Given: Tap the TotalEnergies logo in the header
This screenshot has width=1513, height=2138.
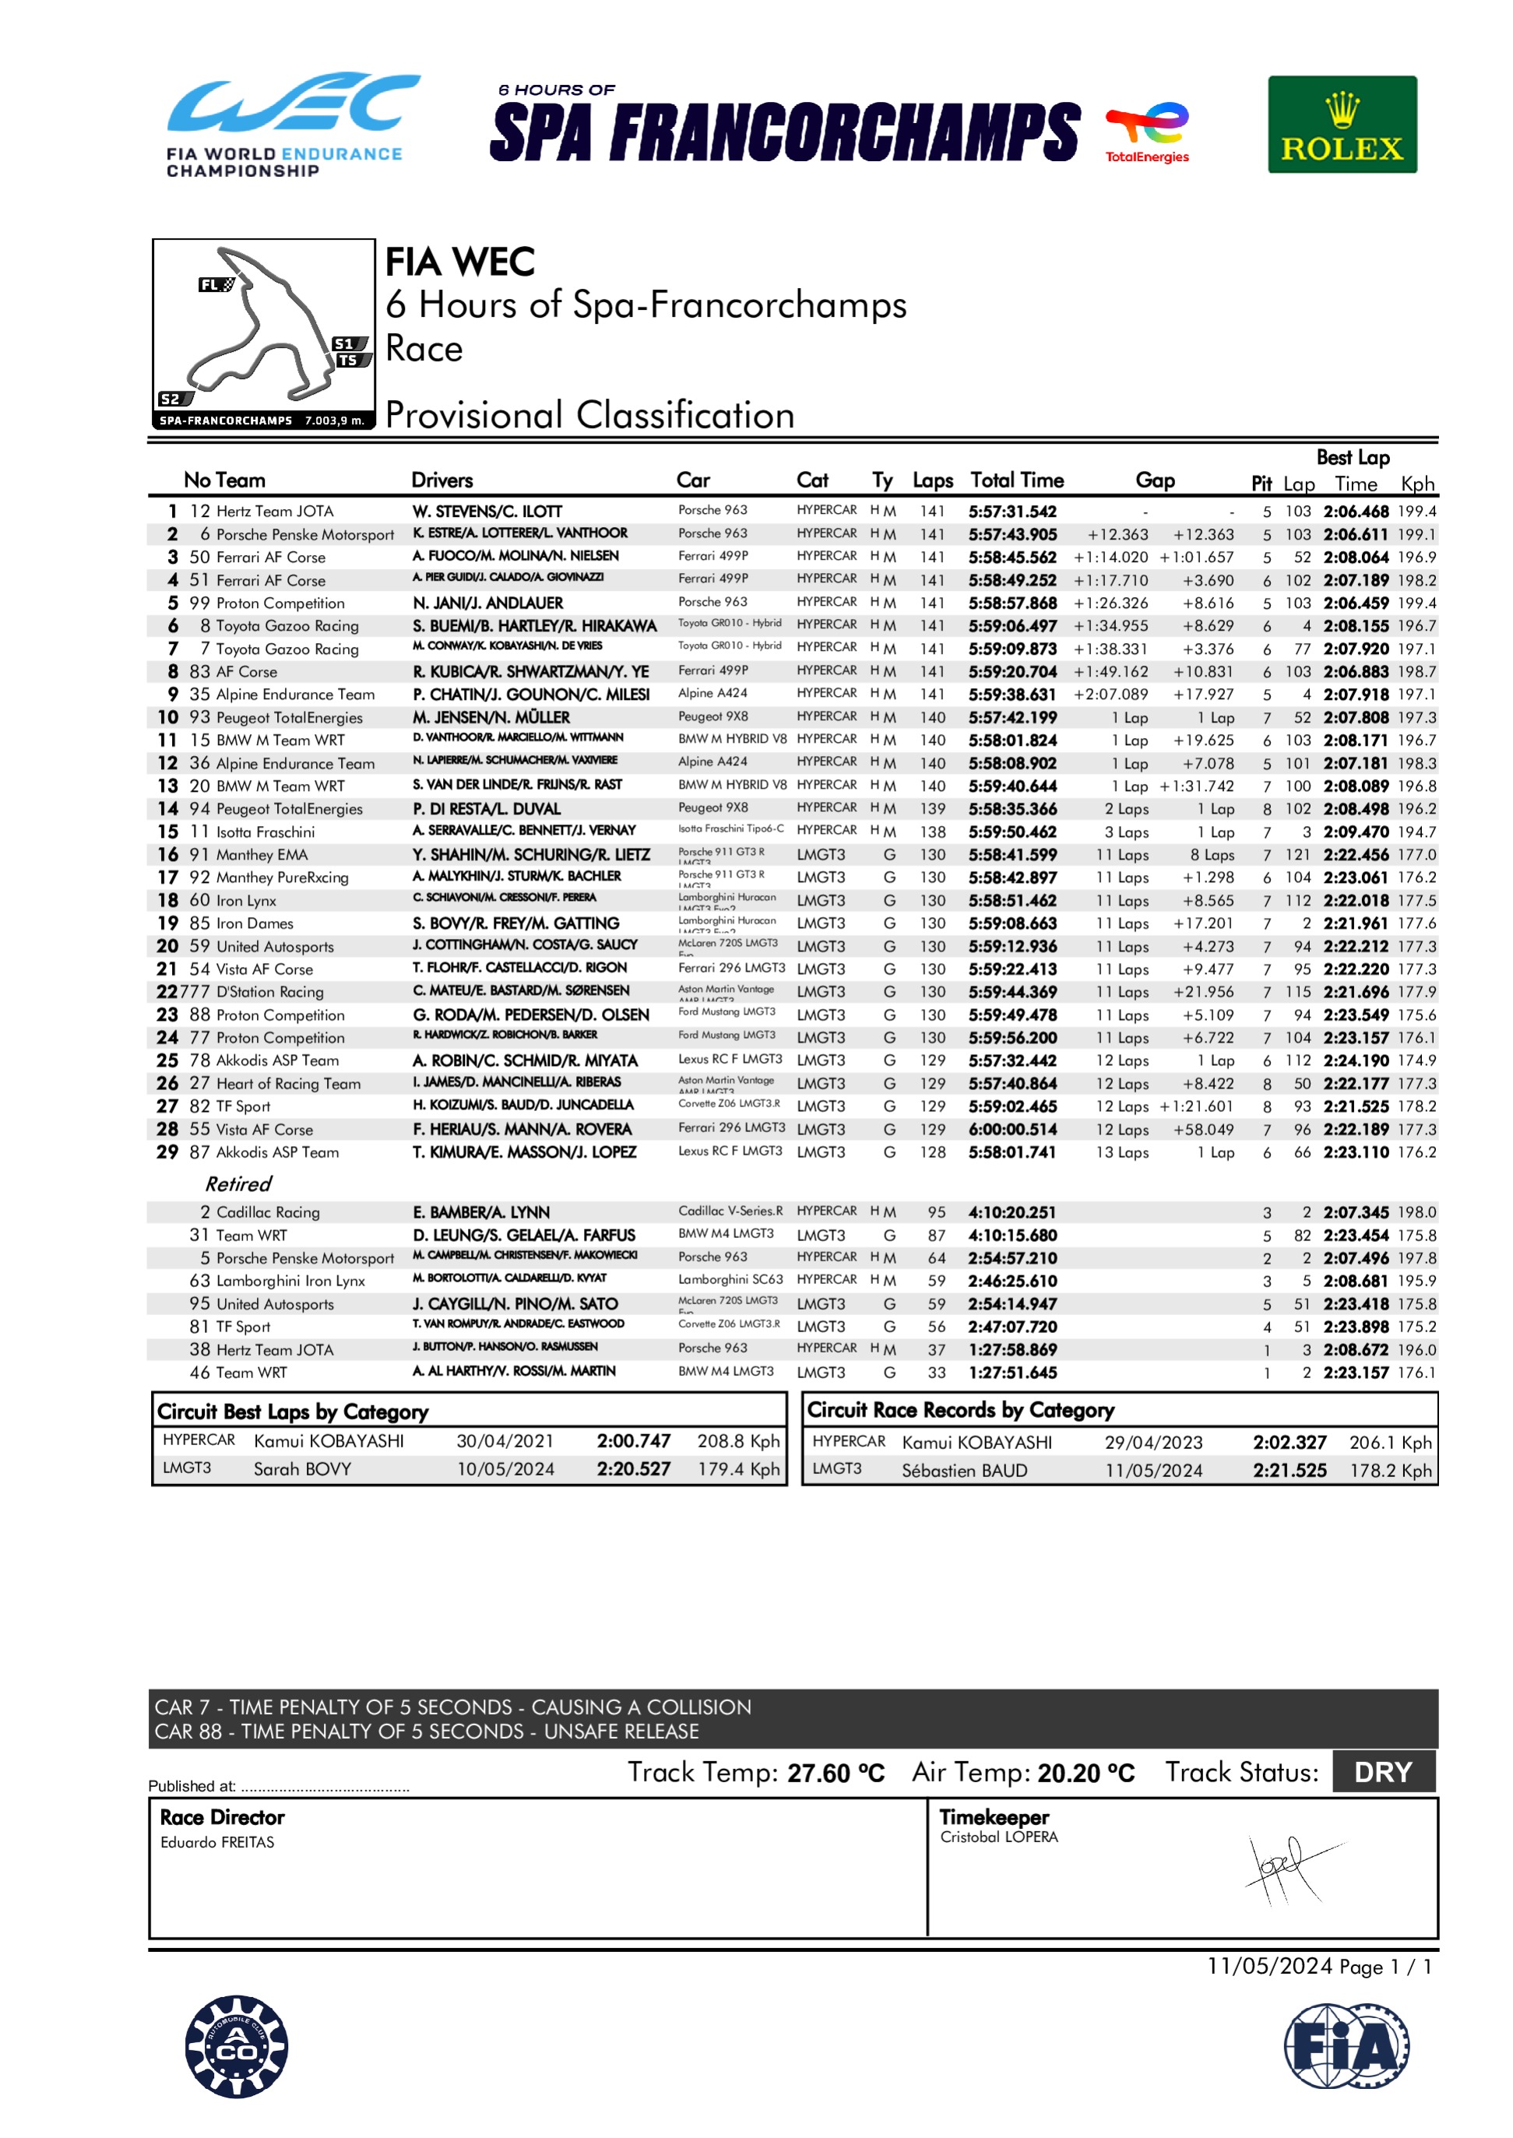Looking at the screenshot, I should (1147, 132).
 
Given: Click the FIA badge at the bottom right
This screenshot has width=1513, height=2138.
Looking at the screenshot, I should (1346, 2046).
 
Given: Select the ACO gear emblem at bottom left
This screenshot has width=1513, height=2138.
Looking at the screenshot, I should (237, 2046).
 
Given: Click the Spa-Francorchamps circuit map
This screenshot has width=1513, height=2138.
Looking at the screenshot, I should (264, 332).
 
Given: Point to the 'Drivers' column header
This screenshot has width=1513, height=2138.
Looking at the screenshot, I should (442, 480).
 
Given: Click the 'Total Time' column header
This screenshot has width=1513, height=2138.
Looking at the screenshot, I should (1016, 480).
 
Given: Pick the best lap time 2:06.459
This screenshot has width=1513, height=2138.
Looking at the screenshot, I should (1356, 603).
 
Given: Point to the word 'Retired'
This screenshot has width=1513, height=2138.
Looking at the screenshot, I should (238, 1184).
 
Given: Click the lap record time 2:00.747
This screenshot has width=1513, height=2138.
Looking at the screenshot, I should (634, 1441).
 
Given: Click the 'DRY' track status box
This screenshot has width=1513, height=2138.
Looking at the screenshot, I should (1384, 1772).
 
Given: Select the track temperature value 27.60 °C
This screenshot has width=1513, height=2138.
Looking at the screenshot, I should (836, 1773).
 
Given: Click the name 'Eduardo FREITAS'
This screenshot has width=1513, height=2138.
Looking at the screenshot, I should (217, 1842).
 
